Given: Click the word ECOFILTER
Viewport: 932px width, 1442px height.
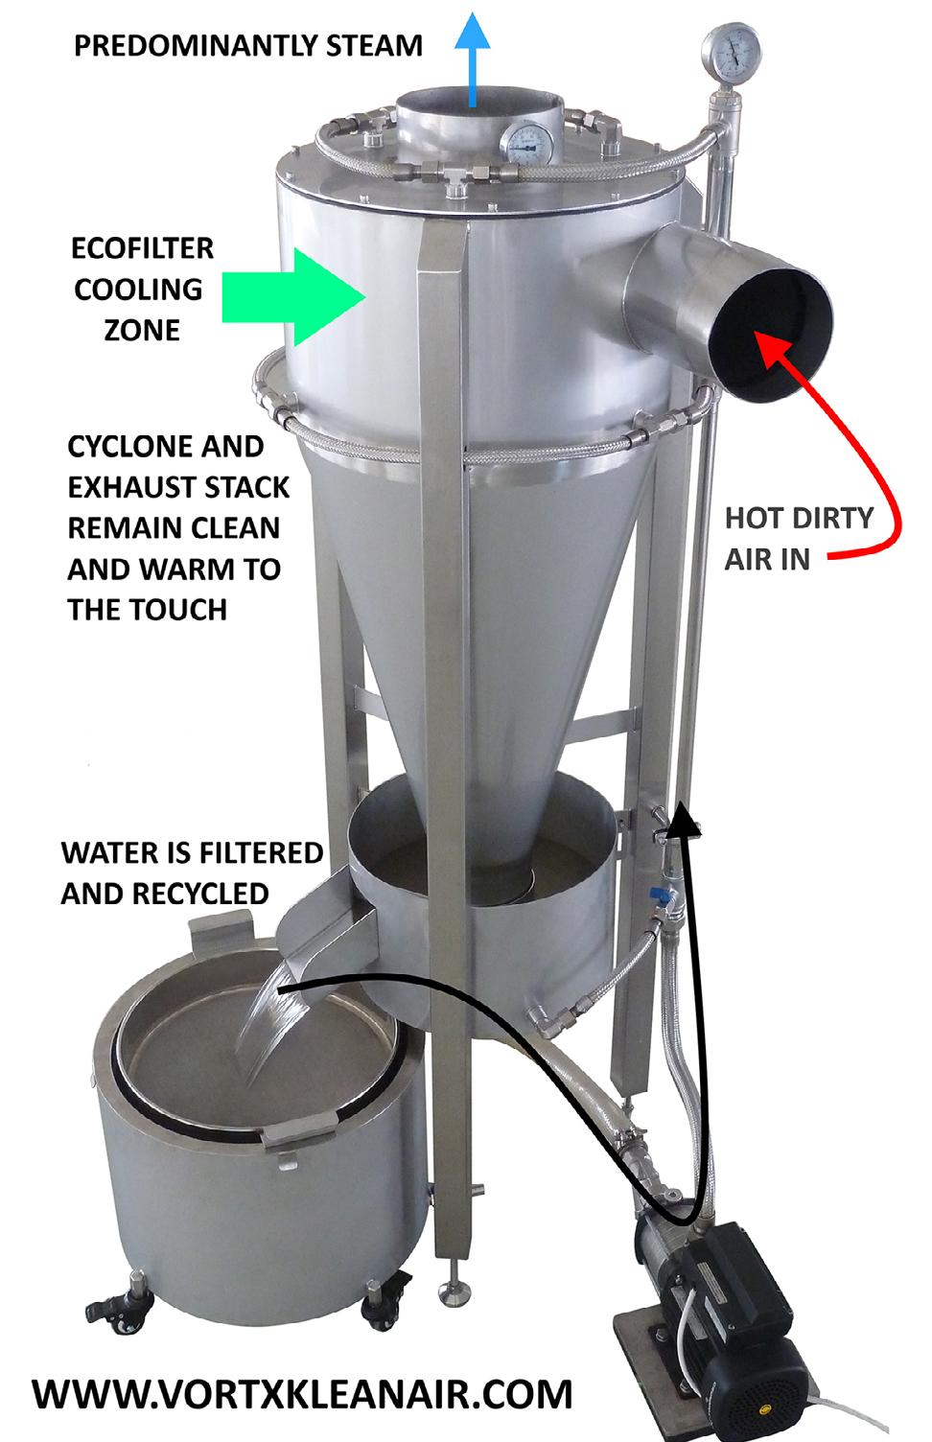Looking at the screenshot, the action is tap(143, 248).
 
